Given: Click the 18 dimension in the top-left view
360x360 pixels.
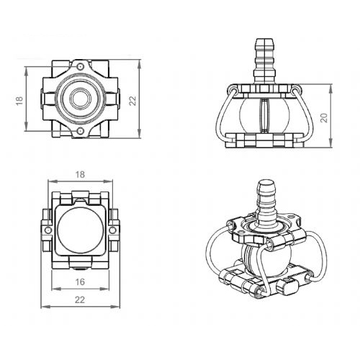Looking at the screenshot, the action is point(19,100).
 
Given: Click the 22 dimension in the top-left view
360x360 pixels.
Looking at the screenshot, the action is point(132,101).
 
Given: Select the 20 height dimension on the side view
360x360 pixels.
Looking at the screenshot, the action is point(324,117).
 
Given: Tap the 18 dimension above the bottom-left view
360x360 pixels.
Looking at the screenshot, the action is point(80,174).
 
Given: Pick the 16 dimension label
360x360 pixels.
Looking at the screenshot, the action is point(80,282).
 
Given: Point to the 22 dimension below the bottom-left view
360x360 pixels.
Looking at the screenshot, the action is point(80,300).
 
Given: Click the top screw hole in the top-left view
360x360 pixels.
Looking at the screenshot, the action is point(80,66).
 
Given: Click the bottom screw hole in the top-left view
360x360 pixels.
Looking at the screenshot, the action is point(80,131).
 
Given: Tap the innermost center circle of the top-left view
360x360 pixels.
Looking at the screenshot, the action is point(80,99).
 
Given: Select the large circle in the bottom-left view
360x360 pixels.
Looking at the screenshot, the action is point(81,230).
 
